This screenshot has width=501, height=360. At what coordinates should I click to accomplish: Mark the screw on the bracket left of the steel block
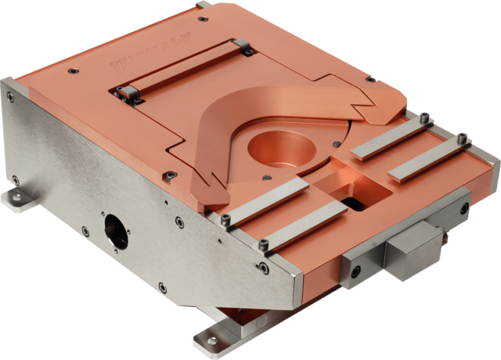pos(357,272)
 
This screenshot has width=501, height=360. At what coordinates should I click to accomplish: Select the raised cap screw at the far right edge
pos(463,140)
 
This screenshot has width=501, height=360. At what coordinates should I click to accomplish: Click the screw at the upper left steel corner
pos(10,97)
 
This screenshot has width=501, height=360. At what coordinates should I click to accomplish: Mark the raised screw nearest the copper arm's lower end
pos(225,217)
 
